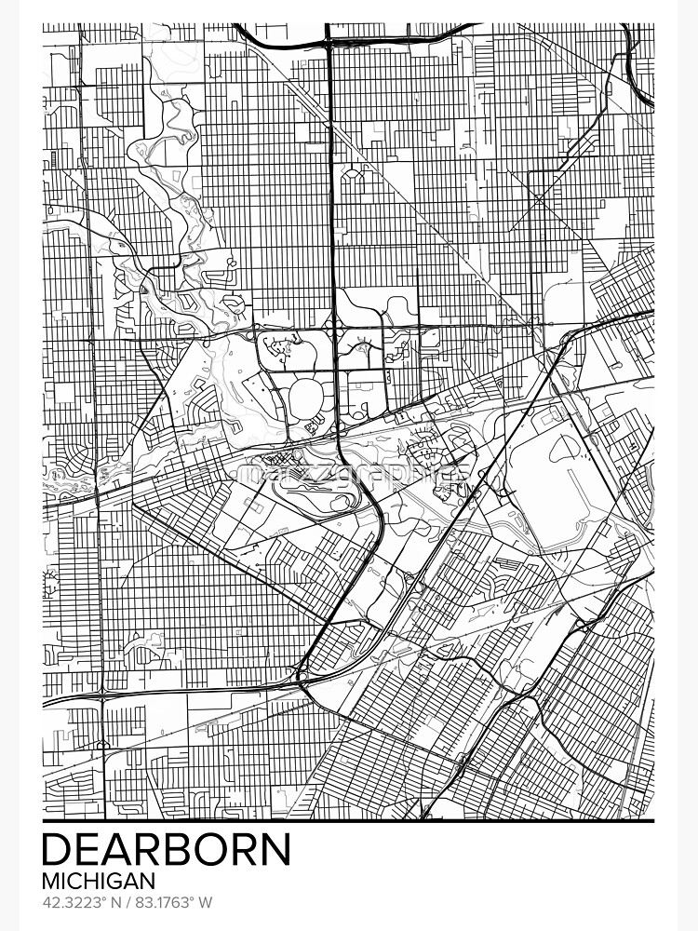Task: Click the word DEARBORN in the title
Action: pyautogui.click(x=167, y=850)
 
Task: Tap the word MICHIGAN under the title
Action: pyautogui.click(x=98, y=880)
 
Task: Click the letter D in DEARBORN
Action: pyautogui.click(x=57, y=850)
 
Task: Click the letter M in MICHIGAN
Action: pyautogui.click(x=50, y=880)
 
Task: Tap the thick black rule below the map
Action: pyautogui.click(x=349, y=821)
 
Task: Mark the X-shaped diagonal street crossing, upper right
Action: pyautogui.click(x=539, y=199)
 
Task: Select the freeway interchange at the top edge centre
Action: pyautogui.click(x=329, y=39)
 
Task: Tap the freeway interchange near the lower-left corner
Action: pyautogui.click(x=101, y=693)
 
